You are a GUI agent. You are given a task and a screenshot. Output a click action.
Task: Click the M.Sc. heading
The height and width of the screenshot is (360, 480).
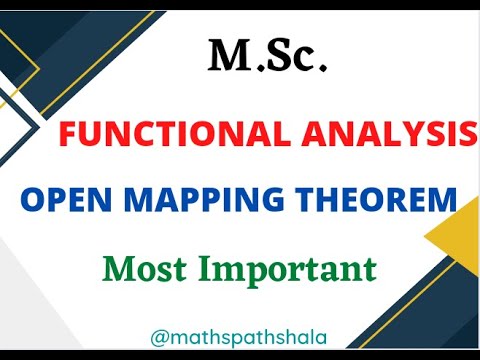pos(267,57)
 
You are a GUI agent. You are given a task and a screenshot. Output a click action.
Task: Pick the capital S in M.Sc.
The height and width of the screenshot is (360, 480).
pos(278,57)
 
